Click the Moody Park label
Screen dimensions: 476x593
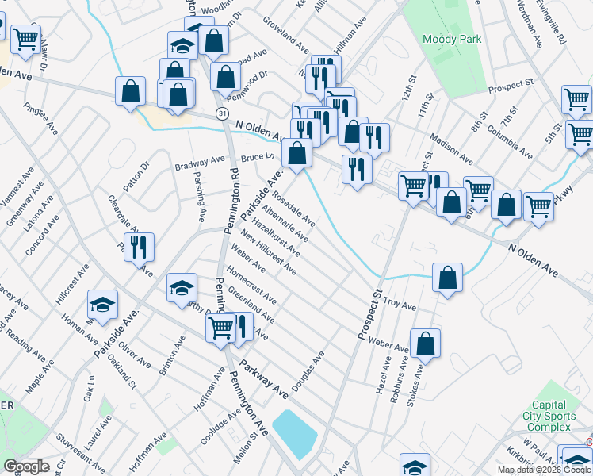click(x=452, y=38)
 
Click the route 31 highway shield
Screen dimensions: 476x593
click(x=224, y=114)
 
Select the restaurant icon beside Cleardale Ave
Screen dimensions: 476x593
click(x=140, y=247)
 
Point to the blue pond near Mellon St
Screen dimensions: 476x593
click(x=294, y=432)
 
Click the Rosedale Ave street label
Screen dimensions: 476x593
click(x=293, y=208)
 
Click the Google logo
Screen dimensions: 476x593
click(x=26, y=466)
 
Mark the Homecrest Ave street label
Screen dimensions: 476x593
click(x=251, y=286)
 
